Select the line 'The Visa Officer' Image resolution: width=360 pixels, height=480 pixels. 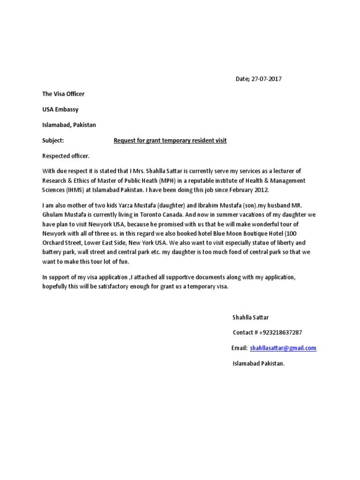pyautogui.click(x=63, y=94)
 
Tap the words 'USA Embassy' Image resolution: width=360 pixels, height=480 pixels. pyautogui.click(x=60, y=109)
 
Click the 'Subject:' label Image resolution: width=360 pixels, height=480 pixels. pyautogui.click(x=52, y=140)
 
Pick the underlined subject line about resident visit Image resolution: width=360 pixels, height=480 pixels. pyautogui.click(x=170, y=140)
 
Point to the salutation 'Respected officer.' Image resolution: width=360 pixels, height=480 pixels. pyautogui.click(x=66, y=155)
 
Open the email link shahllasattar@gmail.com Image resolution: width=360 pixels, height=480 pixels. pyautogui.click(x=283, y=348)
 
